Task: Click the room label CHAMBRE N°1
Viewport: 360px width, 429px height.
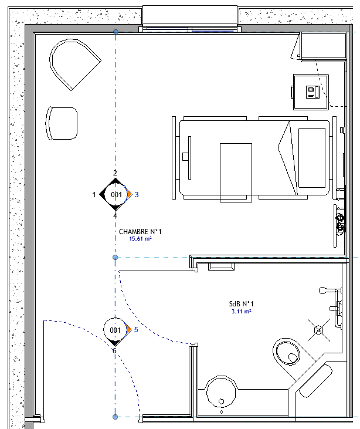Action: (140, 232)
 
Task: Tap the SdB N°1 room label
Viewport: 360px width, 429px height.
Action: (242, 304)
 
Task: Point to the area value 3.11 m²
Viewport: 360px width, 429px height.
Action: (242, 312)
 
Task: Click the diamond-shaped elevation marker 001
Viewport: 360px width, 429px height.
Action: (116, 194)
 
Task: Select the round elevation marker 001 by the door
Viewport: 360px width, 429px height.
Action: (116, 330)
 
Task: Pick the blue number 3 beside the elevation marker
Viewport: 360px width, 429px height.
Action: (137, 194)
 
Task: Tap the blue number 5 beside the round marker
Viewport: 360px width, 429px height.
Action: (136, 330)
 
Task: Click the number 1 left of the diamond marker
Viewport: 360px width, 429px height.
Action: (94, 194)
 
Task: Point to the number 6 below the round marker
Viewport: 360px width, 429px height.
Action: (115, 351)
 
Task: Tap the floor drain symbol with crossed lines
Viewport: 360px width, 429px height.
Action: (319, 330)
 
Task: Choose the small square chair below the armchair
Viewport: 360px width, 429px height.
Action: (62, 123)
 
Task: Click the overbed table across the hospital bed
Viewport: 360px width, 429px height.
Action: (236, 171)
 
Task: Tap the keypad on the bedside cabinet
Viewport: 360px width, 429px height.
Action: (311, 92)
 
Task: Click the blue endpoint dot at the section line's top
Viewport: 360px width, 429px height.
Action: (116, 32)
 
